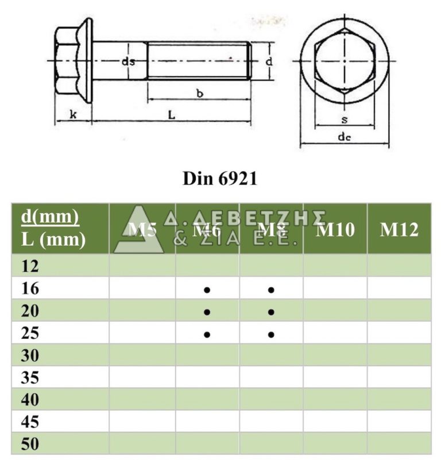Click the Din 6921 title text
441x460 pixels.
click(x=220, y=179)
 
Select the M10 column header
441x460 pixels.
click(x=336, y=229)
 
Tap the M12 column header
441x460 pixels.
click(x=399, y=229)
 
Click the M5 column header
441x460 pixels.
click(x=142, y=229)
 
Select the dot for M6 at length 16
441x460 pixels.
click(x=207, y=290)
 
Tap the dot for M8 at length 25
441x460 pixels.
click(x=271, y=334)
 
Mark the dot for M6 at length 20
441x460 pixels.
click(x=207, y=312)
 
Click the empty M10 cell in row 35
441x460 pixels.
click(x=335, y=377)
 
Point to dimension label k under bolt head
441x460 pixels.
click(x=73, y=114)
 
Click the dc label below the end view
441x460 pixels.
click(x=344, y=137)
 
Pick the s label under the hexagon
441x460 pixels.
click(x=344, y=119)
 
